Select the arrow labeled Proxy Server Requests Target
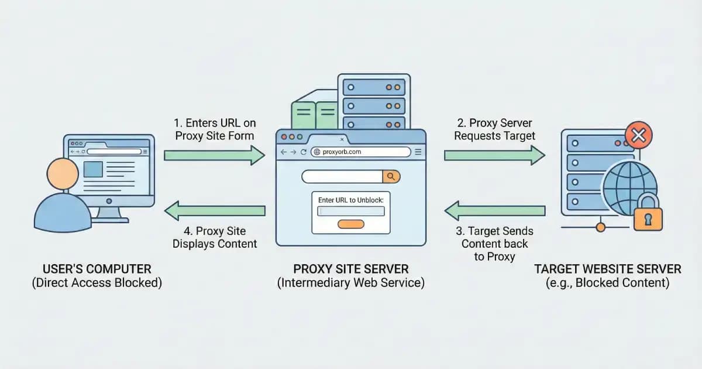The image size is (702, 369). click(x=494, y=155)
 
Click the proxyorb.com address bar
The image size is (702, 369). click(x=360, y=152)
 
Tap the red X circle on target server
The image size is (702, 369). click(x=639, y=136)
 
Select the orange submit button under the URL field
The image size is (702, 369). click(x=351, y=224)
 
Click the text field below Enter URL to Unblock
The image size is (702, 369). click(x=350, y=211)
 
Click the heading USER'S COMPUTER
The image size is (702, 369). click(x=97, y=269)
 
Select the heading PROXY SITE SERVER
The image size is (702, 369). click(x=351, y=269)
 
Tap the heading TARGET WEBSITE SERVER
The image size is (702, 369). click(x=608, y=269)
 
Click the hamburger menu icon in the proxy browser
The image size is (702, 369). click(x=418, y=152)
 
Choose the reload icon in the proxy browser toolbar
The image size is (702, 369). click(x=304, y=152)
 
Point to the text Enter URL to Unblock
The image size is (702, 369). click(x=350, y=200)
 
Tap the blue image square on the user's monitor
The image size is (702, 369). click(x=94, y=169)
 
